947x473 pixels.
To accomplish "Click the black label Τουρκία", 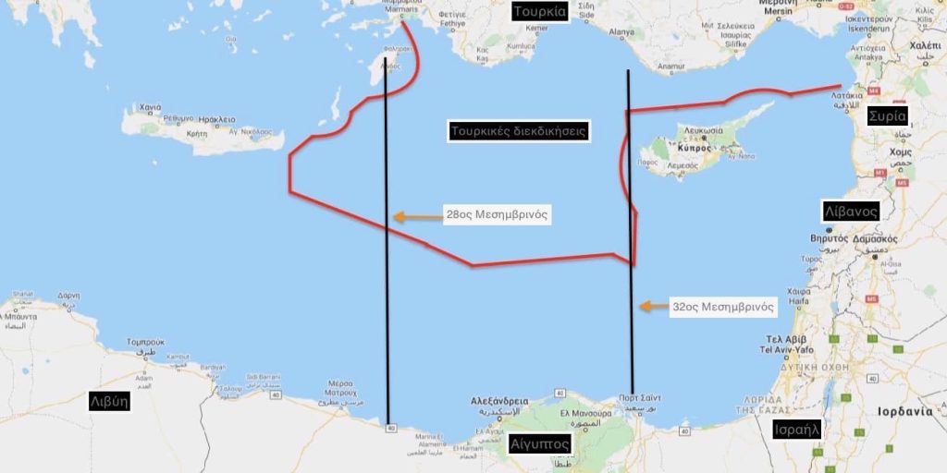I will [x=540, y=12].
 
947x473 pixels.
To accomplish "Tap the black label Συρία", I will [x=886, y=116].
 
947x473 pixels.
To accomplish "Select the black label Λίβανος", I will [x=851, y=212].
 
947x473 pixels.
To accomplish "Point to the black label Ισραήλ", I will [x=798, y=430].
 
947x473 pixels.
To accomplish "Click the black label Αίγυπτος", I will [x=539, y=444].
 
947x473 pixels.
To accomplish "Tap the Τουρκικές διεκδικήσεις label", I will [x=519, y=130].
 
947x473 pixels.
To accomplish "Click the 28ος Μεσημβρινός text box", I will [x=497, y=215].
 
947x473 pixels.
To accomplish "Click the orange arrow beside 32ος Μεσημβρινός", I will [x=655, y=306].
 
